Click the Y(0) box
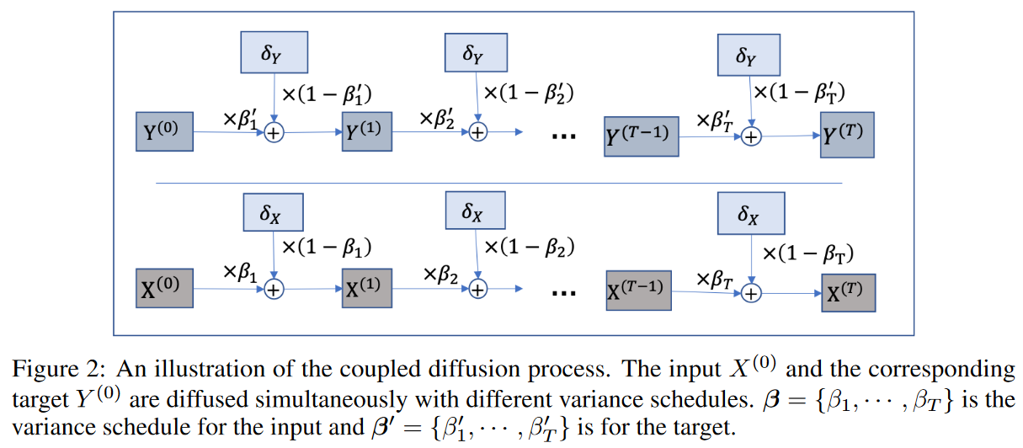tap(164, 133)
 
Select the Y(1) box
tap(367, 133)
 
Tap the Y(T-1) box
tap(642, 134)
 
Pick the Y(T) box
tap(848, 133)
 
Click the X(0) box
tap(164, 288)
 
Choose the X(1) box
tap(367, 288)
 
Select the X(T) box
tap(848, 292)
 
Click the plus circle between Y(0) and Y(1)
tap(274, 133)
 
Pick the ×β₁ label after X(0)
tap(241, 273)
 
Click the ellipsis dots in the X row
tap(562, 293)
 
